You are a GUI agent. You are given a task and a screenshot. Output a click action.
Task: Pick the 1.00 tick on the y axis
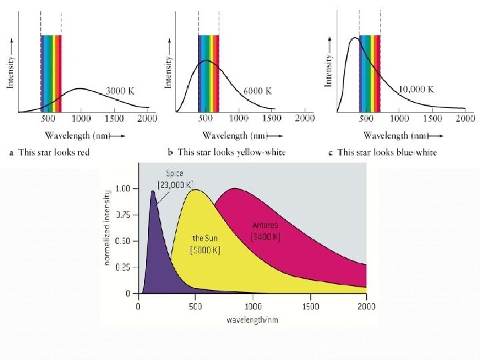pyautogui.click(x=122, y=189)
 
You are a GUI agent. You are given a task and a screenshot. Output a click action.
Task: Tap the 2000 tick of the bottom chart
pyautogui.click(x=366, y=307)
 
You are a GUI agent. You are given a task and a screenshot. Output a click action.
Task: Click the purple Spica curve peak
pyautogui.click(x=153, y=191)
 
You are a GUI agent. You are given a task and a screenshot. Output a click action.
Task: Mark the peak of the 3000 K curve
pyautogui.click(x=80, y=88)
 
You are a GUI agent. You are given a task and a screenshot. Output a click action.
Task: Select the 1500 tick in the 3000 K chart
pyautogui.click(x=113, y=119)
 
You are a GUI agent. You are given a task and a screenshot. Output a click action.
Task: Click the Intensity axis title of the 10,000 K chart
pyautogui.click(x=328, y=72)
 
